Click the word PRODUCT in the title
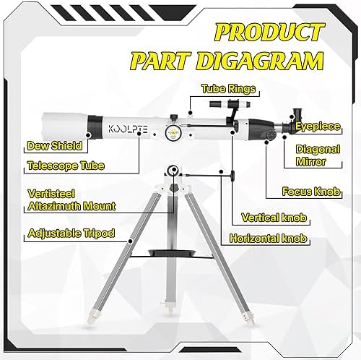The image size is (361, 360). pyautogui.click(x=269, y=32)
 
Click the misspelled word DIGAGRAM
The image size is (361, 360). pyautogui.click(x=260, y=60)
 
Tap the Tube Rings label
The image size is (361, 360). pyautogui.click(x=228, y=89)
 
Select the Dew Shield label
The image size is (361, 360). pyautogui.click(x=54, y=146)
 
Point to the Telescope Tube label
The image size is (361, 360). pyautogui.click(x=66, y=166)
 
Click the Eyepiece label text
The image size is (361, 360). pyautogui.click(x=318, y=127)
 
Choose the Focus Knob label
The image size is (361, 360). pyautogui.click(x=311, y=192)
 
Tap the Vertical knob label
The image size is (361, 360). pyautogui.click(x=274, y=218)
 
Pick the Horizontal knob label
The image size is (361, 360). pyautogui.click(x=269, y=239)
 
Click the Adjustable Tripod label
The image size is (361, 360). pyautogui.click(x=71, y=233)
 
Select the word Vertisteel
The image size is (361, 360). pyautogui.click(x=51, y=194)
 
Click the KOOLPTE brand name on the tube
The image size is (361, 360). pyautogui.click(x=128, y=129)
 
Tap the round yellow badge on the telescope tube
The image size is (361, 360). pyautogui.click(x=173, y=132)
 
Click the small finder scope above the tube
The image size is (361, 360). pyautogui.click(x=230, y=104)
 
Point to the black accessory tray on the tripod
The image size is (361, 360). pyautogui.click(x=173, y=253)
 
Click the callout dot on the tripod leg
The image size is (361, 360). pyautogui.click(x=131, y=241)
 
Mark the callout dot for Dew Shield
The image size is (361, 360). pyautogui.click(x=88, y=135)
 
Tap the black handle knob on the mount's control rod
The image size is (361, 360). pyautogui.click(x=233, y=176)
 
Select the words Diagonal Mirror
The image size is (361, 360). pyautogui.click(x=318, y=155)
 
